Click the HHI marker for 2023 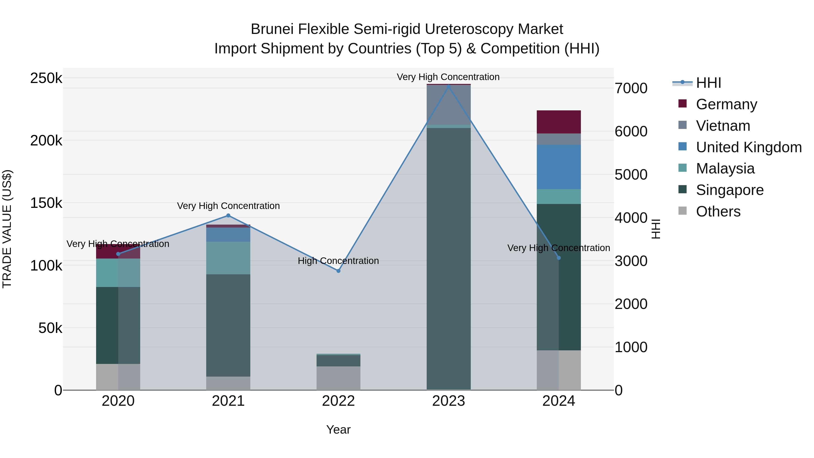pos(448,86)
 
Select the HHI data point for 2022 pos(338,271)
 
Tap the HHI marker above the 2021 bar pos(228,216)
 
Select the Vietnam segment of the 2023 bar pos(448,105)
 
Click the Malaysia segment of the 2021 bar pos(228,258)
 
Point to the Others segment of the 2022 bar pos(338,378)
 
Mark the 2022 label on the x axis pos(338,401)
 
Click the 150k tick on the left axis pos(46,203)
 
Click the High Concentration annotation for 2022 pos(338,261)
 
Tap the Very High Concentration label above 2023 pos(448,77)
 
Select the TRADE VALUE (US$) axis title pos(7,229)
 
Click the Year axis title pos(338,430)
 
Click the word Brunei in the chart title pos(272,29)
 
